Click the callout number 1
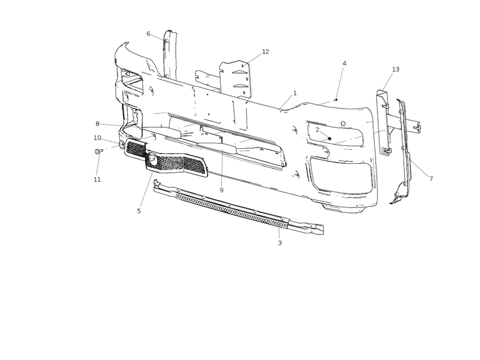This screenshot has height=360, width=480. coord(295,93)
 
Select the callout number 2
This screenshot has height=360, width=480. coord(317,130)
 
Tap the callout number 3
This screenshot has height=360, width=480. coord(280,243)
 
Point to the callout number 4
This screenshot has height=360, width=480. coord(344,64)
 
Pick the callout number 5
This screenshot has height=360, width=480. coord(139,211)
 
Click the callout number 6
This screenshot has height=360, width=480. coord(148,34)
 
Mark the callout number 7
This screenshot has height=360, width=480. coord(431,178)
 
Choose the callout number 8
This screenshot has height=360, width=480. coord(97,124)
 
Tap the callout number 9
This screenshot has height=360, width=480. coord(221,190)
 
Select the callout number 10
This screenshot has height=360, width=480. coord(97,138)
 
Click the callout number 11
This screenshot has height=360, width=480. coord(97,179)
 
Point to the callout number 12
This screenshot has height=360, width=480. coord(265,52)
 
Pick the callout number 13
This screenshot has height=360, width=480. coord(395,69)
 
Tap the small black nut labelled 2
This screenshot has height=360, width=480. coord(329,139)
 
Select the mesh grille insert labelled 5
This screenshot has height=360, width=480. coord(167,158)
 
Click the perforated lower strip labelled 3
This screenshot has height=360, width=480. coord(239,208)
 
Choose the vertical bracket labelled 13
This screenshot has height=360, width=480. coord(383,122)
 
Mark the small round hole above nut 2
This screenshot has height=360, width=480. coord(343,124)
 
